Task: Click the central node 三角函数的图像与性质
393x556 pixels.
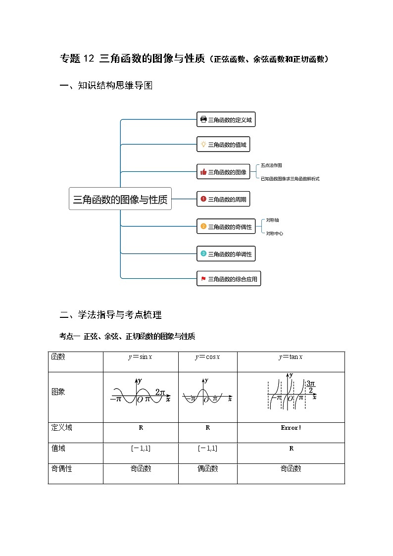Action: click(x=120, y=200)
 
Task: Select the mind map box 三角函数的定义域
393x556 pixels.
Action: click(x=226, y=119)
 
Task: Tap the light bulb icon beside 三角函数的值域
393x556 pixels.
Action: click(x=203, y=145)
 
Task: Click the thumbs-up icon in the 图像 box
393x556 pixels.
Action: click(x=203, y=172)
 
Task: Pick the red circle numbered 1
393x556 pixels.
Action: click(x=203, y=200)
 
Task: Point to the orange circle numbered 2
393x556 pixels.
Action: click(x=203, y=227)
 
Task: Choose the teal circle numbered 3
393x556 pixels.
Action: click(x=203, y=254)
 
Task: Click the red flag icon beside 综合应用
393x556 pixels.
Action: click(x=203, y=279)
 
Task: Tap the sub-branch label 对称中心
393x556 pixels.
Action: click(x=274, y=233)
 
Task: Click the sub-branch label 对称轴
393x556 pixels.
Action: click(x=272, y=220)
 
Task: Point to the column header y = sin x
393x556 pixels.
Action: click(x=140, y=357)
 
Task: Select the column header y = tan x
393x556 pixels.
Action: click(x=291, y=357)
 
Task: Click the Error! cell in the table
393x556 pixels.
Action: click(x=291, y=428)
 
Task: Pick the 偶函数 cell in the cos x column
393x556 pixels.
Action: click(x=207, y=468)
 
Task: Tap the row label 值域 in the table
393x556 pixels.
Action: click(x=58, y=448)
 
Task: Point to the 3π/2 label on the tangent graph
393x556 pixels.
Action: click(x=310, y=387)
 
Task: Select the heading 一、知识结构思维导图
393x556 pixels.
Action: click(x=105, y=86)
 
